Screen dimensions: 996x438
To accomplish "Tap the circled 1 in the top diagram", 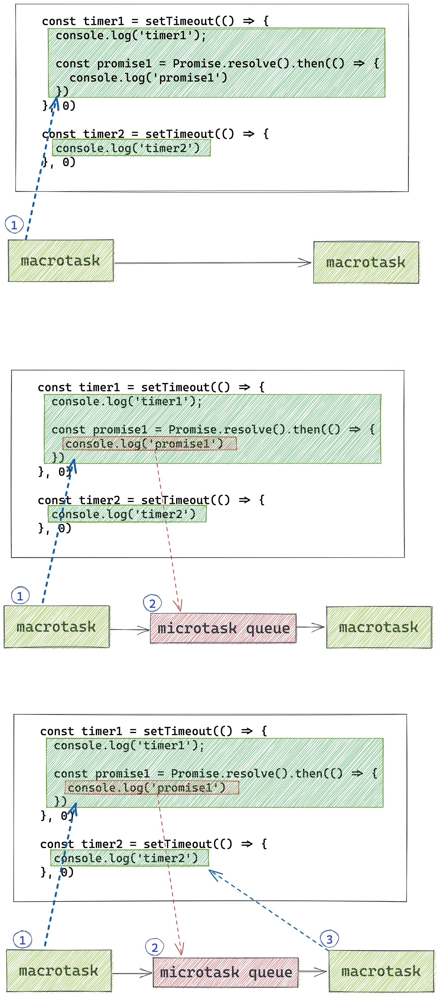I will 14,225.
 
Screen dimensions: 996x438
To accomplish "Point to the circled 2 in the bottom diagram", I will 155,947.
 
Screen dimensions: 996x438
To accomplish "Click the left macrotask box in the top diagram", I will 61,261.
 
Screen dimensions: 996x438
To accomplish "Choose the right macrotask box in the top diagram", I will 366,262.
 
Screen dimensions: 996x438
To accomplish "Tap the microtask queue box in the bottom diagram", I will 225,972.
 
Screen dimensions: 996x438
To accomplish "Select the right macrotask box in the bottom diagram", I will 381,971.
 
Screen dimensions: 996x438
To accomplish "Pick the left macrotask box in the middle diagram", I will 56,627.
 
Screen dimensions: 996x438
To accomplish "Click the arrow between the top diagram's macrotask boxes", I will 213,263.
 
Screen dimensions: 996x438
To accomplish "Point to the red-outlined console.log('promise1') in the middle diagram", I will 150,443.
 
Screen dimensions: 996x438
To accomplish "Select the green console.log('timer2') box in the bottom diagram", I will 129,858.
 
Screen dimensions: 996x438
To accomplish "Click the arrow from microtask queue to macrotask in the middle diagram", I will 310,627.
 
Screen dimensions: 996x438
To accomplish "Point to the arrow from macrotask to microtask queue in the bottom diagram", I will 132,973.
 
